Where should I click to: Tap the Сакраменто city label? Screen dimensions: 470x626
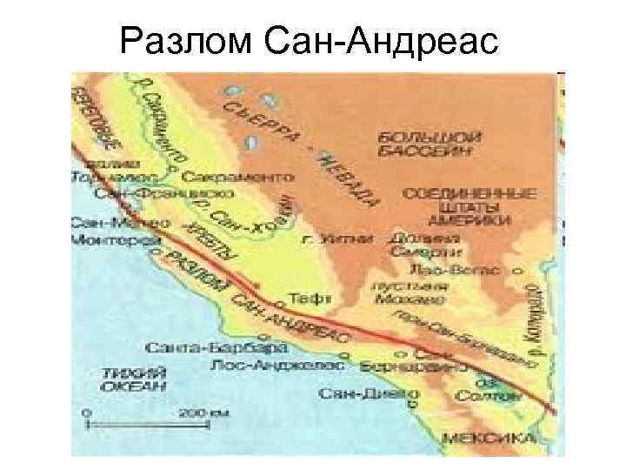pyautogui.click(x=237, y=176)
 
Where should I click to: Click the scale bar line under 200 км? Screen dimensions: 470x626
pyautogui.click(x=148, y=425)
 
